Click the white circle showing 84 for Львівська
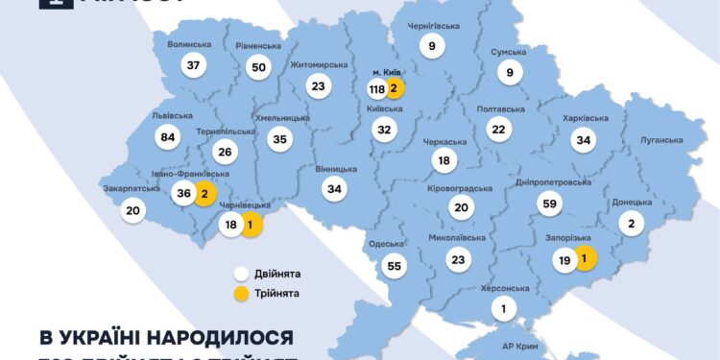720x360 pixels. pyautogui.click(x=169, y=137)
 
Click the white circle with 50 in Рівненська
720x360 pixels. pyautogui.click(x=258, y=66)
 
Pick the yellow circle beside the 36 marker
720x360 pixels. pyautogui.click(x=205, y=193)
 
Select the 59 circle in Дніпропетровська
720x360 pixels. pyautogui.click(x=551, y=204)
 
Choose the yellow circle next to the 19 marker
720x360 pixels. pyautogui.click(x=584, y=257)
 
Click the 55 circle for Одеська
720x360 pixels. pyautogui.click(x=394, y=266)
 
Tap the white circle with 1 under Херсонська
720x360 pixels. pyautogui.click(x=502, y=309)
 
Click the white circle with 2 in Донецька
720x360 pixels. pyautogui.click(x=631, y=225)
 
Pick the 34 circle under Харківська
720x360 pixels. pyautogui.click(x=582, y=141)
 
